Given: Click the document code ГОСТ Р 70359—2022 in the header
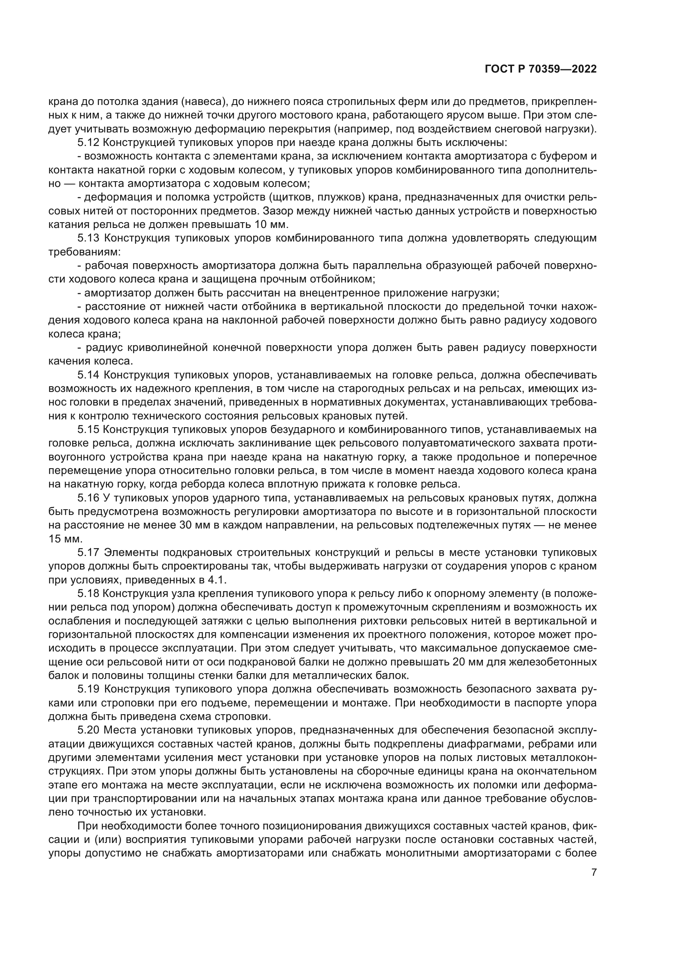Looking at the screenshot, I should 541,69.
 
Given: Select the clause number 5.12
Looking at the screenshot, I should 88,143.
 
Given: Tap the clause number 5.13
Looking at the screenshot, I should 88,239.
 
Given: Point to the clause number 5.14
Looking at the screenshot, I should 88,375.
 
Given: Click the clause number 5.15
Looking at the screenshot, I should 88,430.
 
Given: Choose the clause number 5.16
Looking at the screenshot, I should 88,498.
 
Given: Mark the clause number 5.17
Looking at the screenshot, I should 88,553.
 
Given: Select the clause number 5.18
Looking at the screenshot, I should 88,594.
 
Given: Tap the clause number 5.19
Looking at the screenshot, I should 88,689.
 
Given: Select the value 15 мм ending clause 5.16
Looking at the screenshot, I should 61,539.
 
